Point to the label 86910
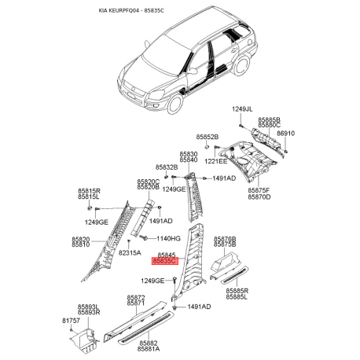point(285,134)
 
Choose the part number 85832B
point(166,167)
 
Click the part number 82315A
point(130,253)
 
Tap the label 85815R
point(88,190)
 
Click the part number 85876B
point(226,238)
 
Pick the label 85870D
point(259,197)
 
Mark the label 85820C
point(148,182)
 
